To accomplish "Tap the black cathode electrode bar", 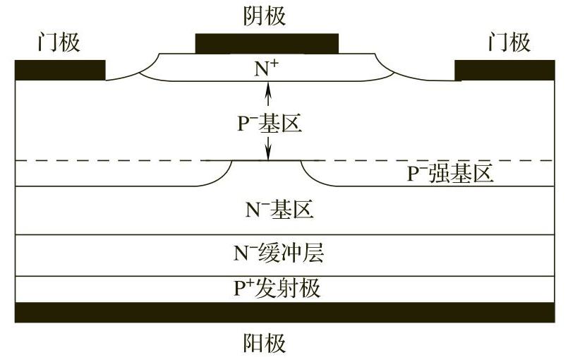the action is click(267, 44).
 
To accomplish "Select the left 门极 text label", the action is click(59, 43).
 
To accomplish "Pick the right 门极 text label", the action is click(509, 43).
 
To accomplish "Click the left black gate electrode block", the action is click(60, 70).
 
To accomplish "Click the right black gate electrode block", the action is click(505, 70).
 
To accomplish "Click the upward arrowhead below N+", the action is click(268, 89).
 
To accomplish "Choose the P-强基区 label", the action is click(449, 174).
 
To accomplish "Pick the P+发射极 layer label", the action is click(277, 288).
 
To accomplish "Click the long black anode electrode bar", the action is click(284, 312).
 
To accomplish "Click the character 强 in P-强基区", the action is click(438, 174).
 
